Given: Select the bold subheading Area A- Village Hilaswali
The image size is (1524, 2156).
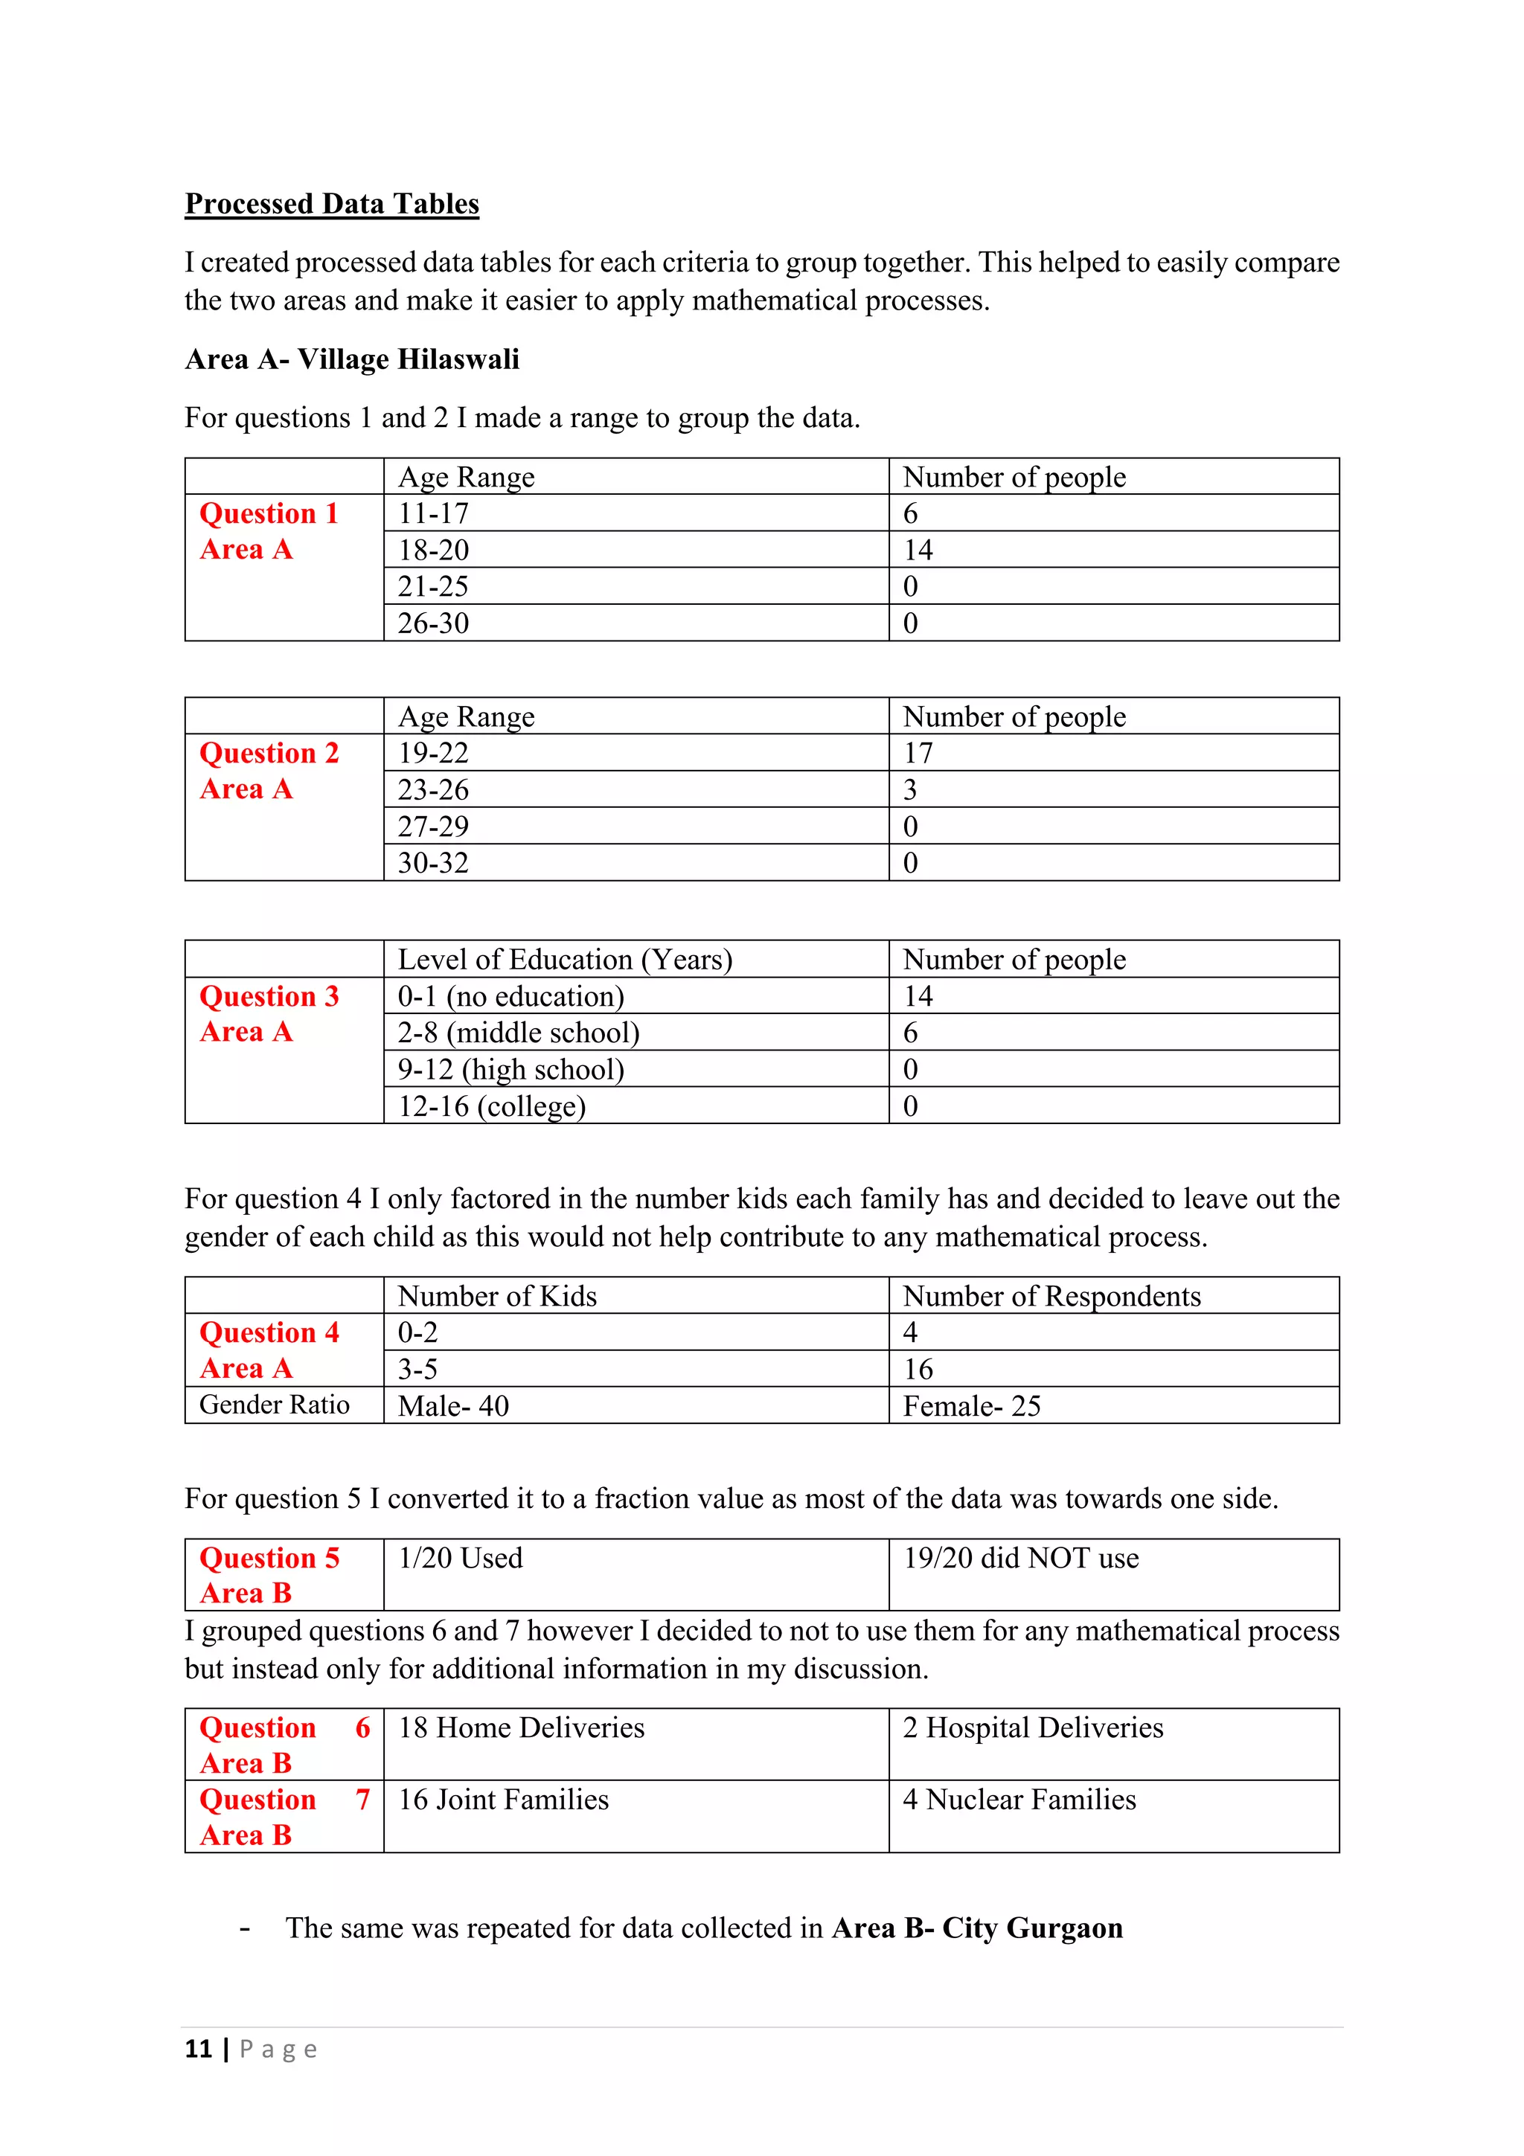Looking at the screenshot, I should (351, 359).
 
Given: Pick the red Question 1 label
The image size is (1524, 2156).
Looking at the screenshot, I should (269, 513).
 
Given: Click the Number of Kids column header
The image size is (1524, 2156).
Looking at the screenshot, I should (497, 1297).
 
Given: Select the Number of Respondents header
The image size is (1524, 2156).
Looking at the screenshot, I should (1051, 1297).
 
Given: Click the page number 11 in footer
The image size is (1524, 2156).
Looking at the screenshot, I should (198, 2049).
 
